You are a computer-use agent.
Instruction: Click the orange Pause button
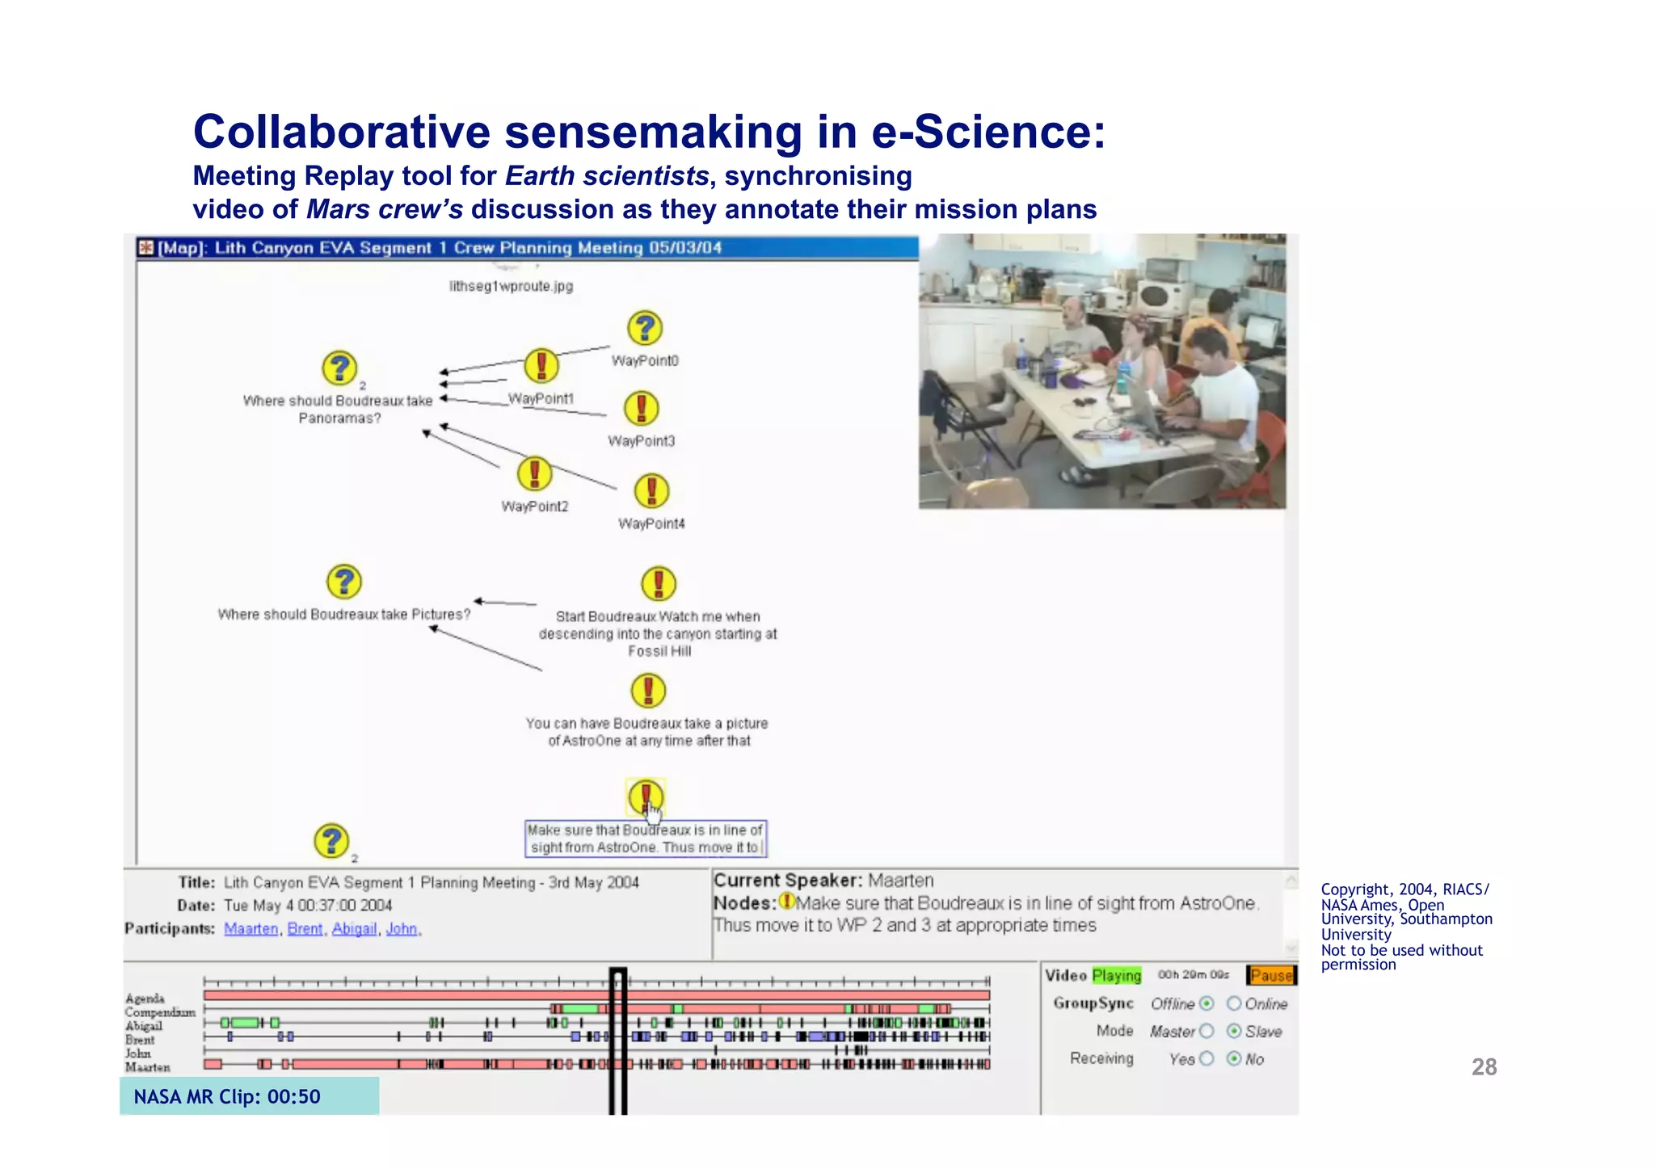[1270, 975]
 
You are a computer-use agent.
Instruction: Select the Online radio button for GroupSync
[1234, 1003]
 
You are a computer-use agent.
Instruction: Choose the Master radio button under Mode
[1207, 1031]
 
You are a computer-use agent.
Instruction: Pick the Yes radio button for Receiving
[1207, 1058]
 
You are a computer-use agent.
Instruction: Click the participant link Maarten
[251, 929]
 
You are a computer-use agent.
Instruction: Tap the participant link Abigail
[354, 929]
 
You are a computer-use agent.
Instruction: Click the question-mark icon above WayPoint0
[645, 328]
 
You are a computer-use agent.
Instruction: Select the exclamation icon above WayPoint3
[642, 409]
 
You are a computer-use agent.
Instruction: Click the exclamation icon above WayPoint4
[651, 491]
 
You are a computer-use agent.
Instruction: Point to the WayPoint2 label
[534, 507]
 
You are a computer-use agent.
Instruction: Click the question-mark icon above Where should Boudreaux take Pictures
[344, 582]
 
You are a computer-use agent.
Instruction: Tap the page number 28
[1484, 1067]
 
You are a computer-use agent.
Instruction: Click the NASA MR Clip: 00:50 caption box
[249, 1096]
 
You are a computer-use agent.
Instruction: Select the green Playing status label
[1116, 975]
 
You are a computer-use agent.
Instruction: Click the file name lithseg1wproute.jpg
[511, 286]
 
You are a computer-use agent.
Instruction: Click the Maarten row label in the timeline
[147, 1067]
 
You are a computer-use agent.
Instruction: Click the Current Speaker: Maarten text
[823, 881]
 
